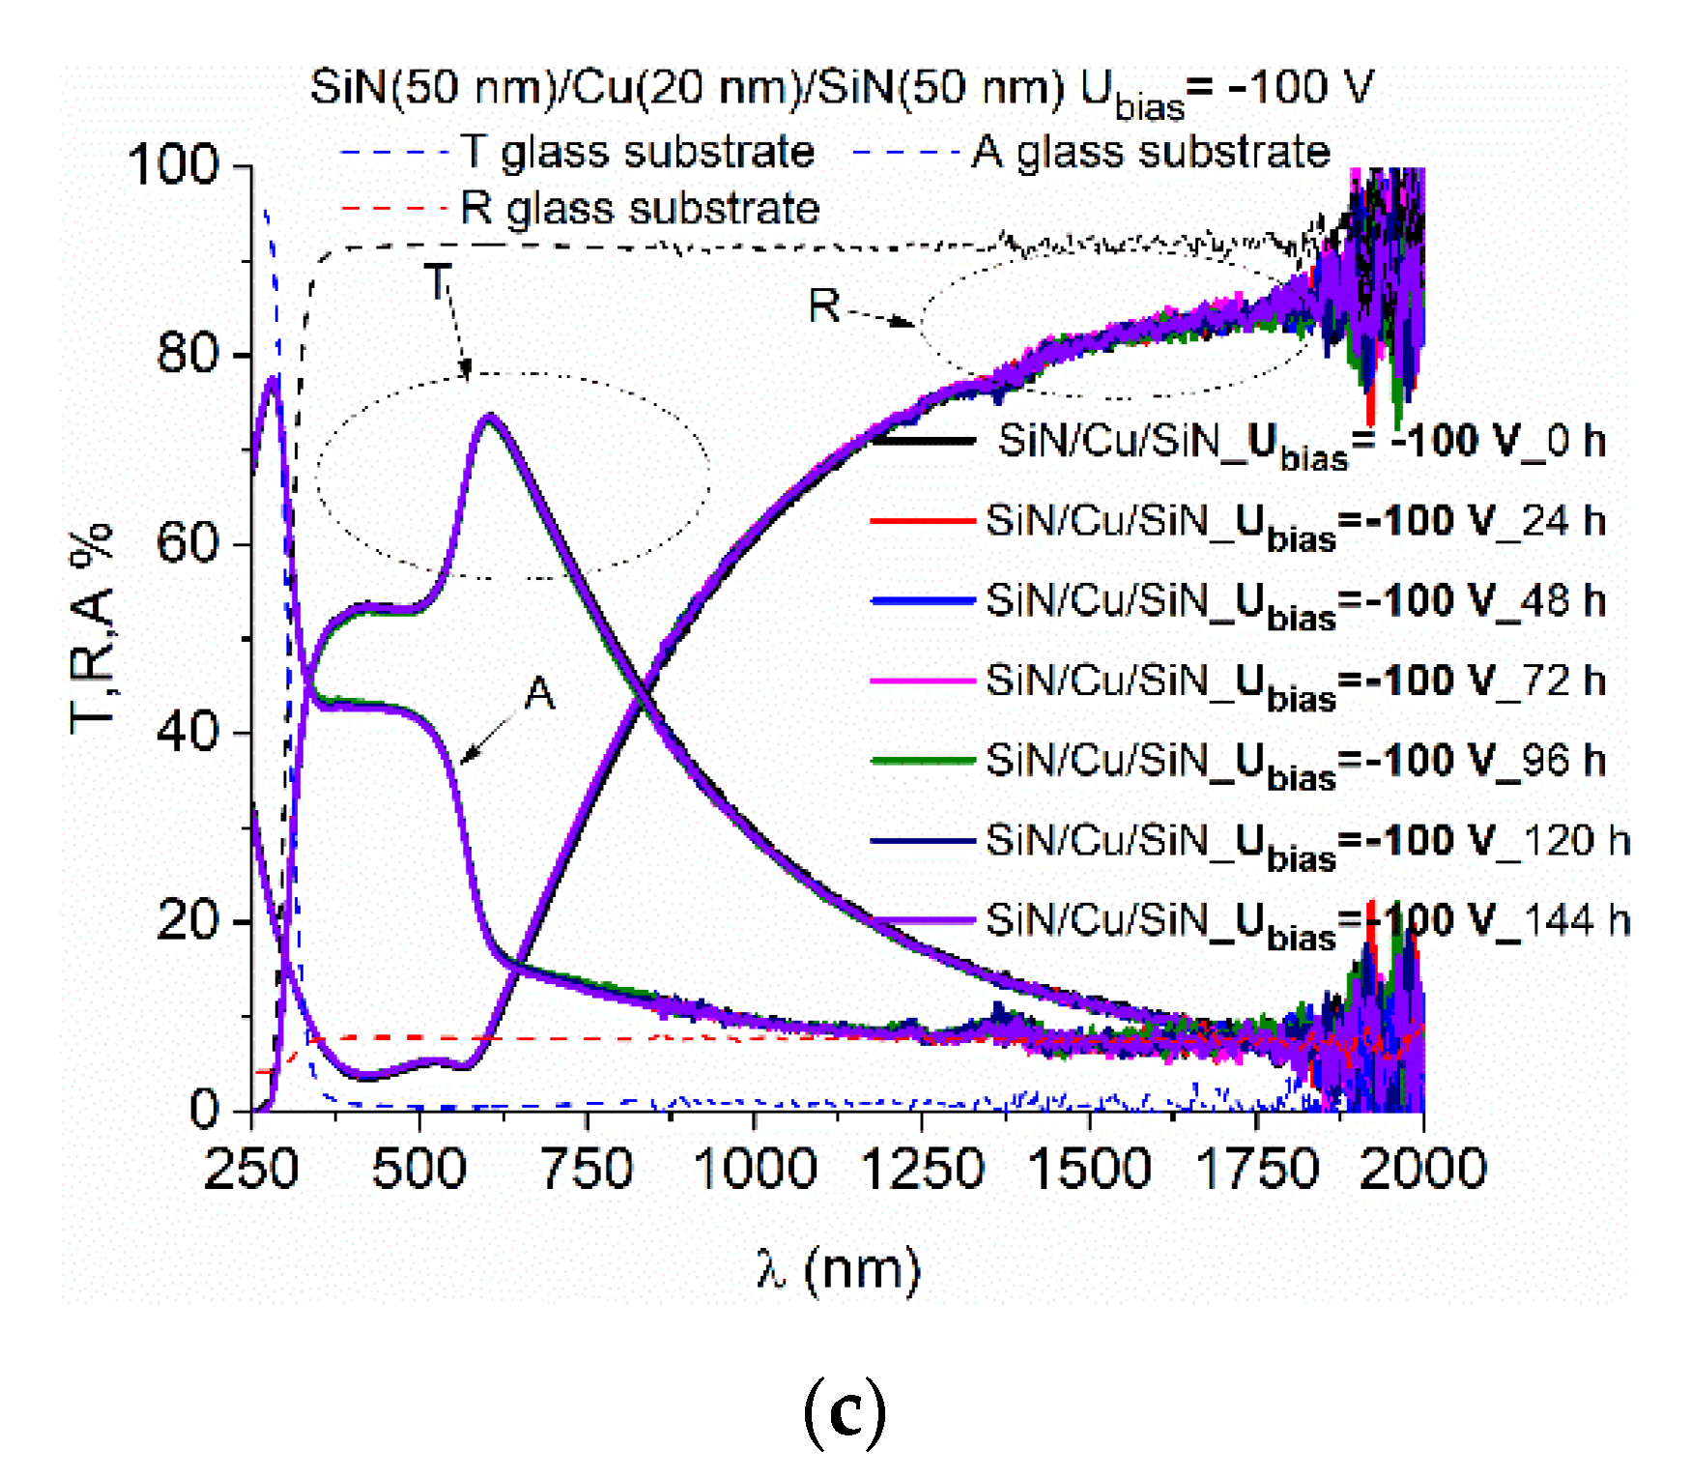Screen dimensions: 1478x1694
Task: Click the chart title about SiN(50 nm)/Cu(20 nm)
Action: click(841, 90)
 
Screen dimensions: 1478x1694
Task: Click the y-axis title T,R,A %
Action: click(92, 628)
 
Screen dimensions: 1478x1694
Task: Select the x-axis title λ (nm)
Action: click(839, 1268)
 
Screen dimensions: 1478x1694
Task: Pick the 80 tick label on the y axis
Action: click(188, 354)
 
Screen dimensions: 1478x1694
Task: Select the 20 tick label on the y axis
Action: click(188, 920)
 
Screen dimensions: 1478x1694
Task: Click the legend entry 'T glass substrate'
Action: click(638, 152)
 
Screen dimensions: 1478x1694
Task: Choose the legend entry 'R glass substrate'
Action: click(640, 209)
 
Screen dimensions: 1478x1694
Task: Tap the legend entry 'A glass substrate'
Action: click(1151, 152)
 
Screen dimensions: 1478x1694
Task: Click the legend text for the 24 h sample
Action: click(1295, 523)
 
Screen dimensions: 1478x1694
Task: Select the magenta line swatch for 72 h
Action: click(922, 681)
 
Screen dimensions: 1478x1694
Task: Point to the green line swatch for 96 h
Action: click(922, 761)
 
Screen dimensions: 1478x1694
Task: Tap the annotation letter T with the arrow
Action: click(438, 282)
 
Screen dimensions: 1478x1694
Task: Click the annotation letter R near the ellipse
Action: click(824, 306)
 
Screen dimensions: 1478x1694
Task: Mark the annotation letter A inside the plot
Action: click(539, 694)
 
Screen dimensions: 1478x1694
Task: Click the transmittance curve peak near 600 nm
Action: click(490, 418)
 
